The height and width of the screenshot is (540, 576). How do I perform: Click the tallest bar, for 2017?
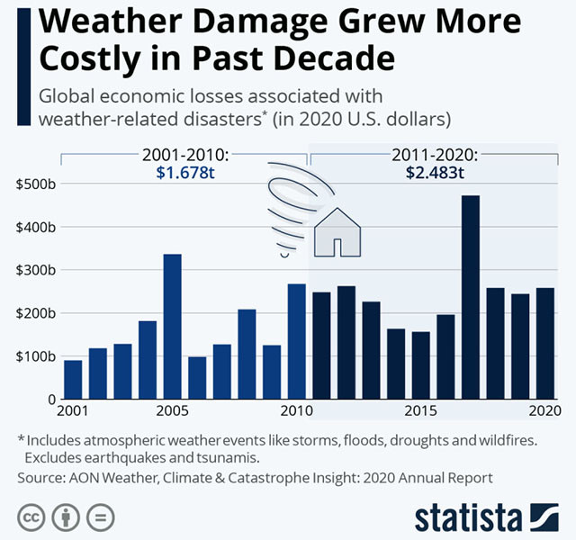point(470,297)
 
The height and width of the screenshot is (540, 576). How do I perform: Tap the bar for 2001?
point(73,379)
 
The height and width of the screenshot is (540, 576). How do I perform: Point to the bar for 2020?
point(544,343)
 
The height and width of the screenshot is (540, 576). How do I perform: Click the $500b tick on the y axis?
point(36,184)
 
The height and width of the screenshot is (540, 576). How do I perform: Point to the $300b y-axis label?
point(36,270)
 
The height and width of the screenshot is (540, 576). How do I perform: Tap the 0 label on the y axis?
point(49,399)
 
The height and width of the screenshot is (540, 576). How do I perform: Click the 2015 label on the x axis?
point(420,412)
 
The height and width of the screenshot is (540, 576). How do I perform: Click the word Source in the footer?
point(40,477)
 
